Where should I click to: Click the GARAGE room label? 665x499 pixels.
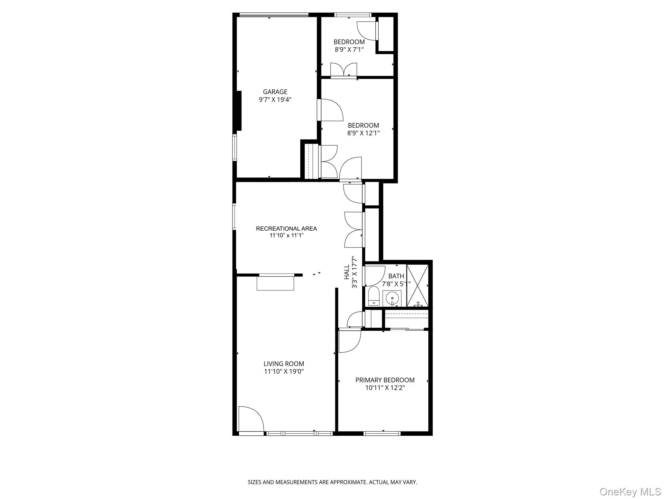tap(275, 92)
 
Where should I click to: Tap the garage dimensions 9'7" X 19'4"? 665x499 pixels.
tap(275, 100)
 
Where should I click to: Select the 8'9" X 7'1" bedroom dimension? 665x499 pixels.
tap(349, 50)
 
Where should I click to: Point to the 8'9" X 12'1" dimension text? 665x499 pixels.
tap(363, 133)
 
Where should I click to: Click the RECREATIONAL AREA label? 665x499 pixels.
tap(286, 228)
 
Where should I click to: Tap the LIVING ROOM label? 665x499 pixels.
tap(284, 364)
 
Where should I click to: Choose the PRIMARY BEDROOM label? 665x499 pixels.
tap(385, 380)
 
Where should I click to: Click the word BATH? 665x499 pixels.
tap(396, 276)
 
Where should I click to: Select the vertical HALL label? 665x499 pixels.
tap(347, 272)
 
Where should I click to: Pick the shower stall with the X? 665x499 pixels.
tap(417, 286)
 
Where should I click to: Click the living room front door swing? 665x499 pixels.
tap(251, 419)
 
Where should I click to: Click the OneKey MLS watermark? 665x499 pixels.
tap(630, 492)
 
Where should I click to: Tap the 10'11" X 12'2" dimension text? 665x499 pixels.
tap(385, 388)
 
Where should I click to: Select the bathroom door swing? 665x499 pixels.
tap(375, 276)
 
